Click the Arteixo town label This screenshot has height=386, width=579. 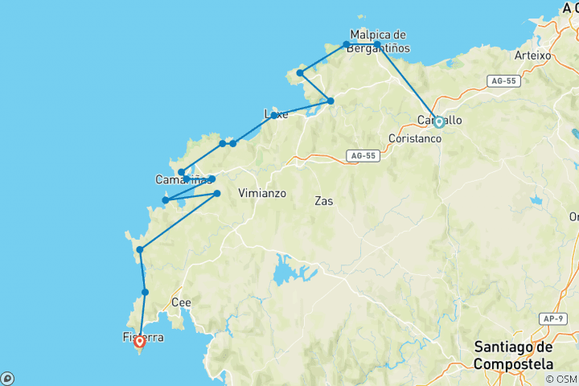click(532, 56)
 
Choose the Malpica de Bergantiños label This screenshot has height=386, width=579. click(378, 42)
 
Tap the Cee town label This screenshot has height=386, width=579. click(181, 302)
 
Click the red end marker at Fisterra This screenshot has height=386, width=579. click(139, 341)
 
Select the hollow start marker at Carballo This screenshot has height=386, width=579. click(439, 122)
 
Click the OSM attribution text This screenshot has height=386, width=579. click(562, 380)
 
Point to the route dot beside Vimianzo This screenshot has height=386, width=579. click(217, 193)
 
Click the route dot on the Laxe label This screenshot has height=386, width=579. click(274, 115)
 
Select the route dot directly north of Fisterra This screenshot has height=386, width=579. click(145, 292)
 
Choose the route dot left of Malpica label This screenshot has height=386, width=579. click(347, 44)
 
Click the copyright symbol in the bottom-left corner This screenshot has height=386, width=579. click(7, 379)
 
